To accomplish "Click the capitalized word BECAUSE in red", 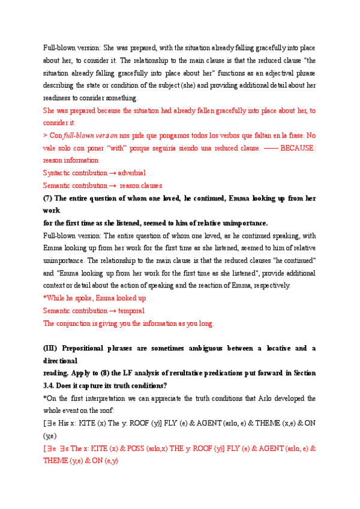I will click(x=298, y=148).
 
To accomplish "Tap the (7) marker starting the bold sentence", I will click(x=49, y=198).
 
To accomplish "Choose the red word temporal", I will click(x=131, y=311).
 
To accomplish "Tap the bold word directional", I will click(x=60, y=361).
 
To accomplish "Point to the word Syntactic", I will click(x=58, y=173).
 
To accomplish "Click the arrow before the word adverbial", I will click(x=113, y=173).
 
